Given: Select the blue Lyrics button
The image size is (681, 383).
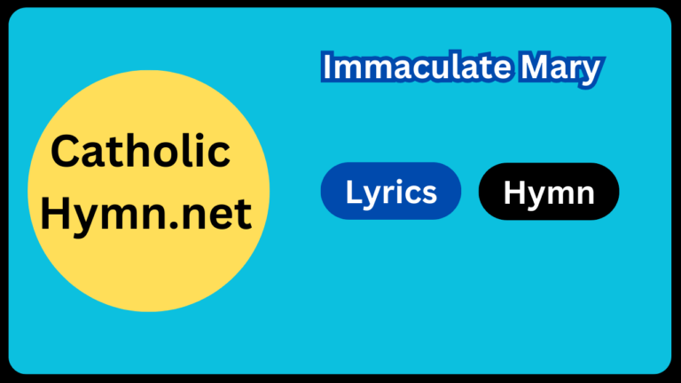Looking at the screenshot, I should (390, 191).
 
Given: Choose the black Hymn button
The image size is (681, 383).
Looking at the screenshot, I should (548, 191).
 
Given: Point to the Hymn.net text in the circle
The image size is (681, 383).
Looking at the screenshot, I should (147, 215).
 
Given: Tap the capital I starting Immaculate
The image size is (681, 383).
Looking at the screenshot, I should (326, 67).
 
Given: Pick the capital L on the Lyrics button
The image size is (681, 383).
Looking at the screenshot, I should (352, 191).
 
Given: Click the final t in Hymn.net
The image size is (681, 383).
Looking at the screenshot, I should (245, 215).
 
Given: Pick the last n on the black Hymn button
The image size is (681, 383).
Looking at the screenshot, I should (583, 193).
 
